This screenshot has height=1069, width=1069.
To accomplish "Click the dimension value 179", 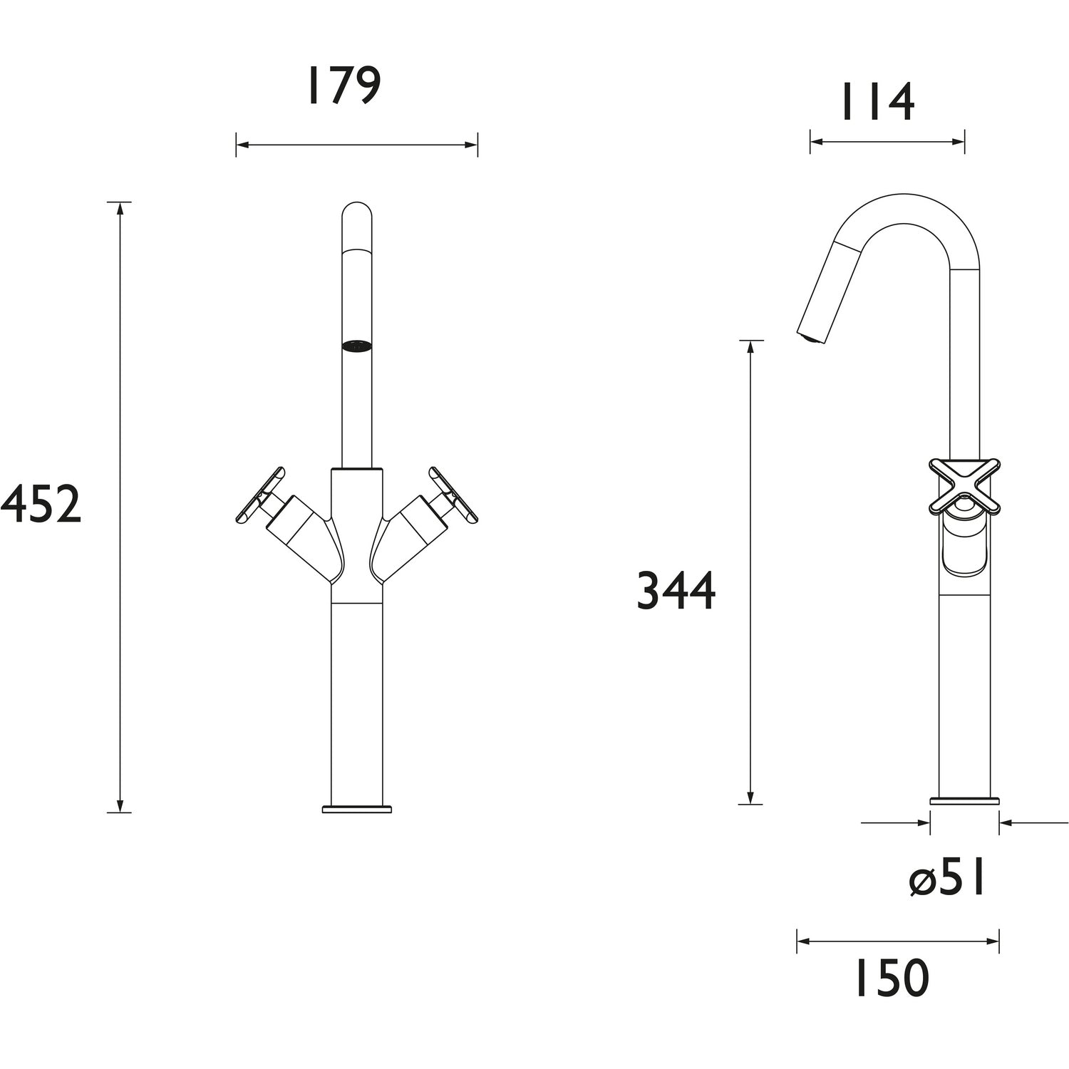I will point(344,87).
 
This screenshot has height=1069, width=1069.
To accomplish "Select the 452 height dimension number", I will point(41,505).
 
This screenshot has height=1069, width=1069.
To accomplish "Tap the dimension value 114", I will point(877,103).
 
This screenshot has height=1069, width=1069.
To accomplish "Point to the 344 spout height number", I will point(676,591).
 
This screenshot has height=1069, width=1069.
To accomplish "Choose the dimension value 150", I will point(892,978).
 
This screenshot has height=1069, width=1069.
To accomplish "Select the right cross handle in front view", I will point(453,496).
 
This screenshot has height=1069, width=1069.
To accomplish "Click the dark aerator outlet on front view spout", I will point(357,346).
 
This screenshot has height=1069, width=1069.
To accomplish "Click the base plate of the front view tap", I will point(357,809).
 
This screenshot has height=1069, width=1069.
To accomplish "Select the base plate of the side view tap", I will point(964,800).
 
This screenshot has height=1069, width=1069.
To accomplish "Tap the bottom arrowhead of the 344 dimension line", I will point(750,797).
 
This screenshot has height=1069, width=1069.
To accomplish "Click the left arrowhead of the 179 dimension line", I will point(242,145).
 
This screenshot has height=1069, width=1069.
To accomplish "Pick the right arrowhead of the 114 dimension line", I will point(959,142).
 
